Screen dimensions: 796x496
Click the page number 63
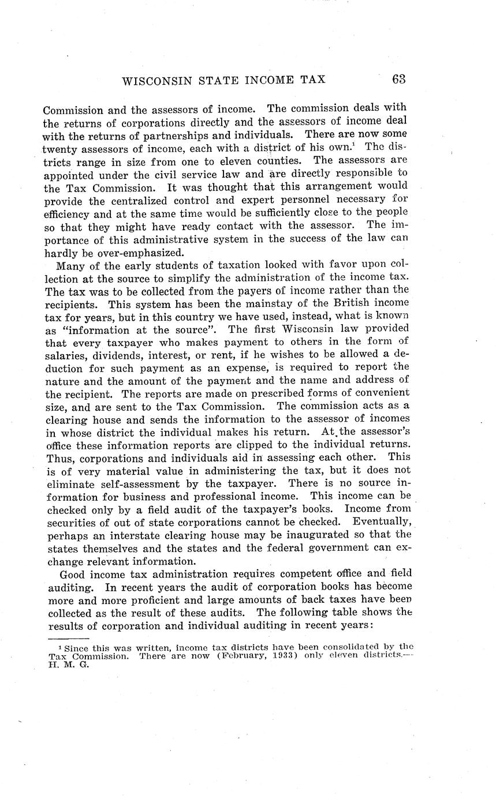point(399,80)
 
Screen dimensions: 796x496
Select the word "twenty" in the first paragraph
point(59,148)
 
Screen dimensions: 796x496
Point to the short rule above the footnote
point(68,639)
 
